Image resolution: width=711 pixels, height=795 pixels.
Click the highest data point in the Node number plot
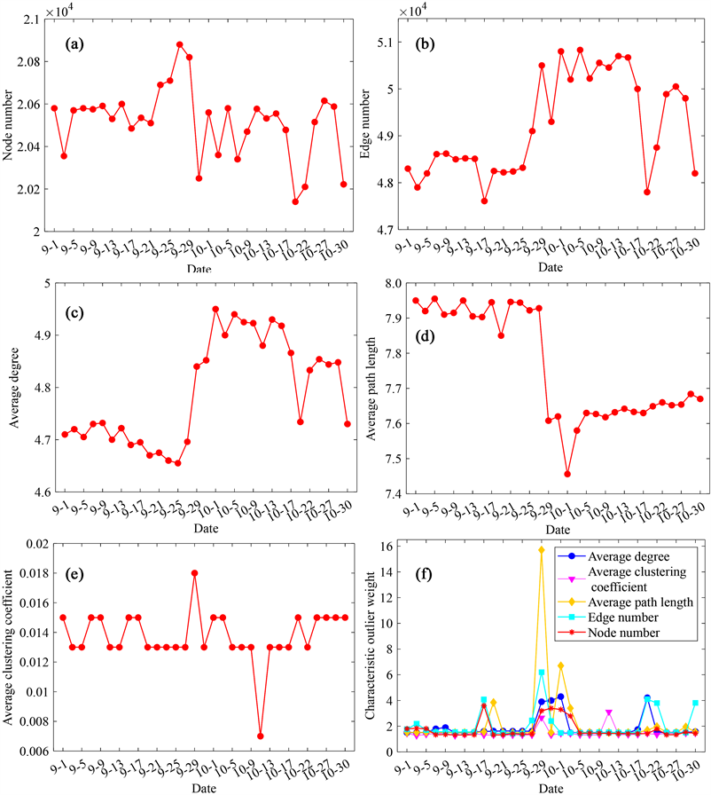point(180,44)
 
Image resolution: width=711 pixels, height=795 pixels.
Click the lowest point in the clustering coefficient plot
point(261,736)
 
